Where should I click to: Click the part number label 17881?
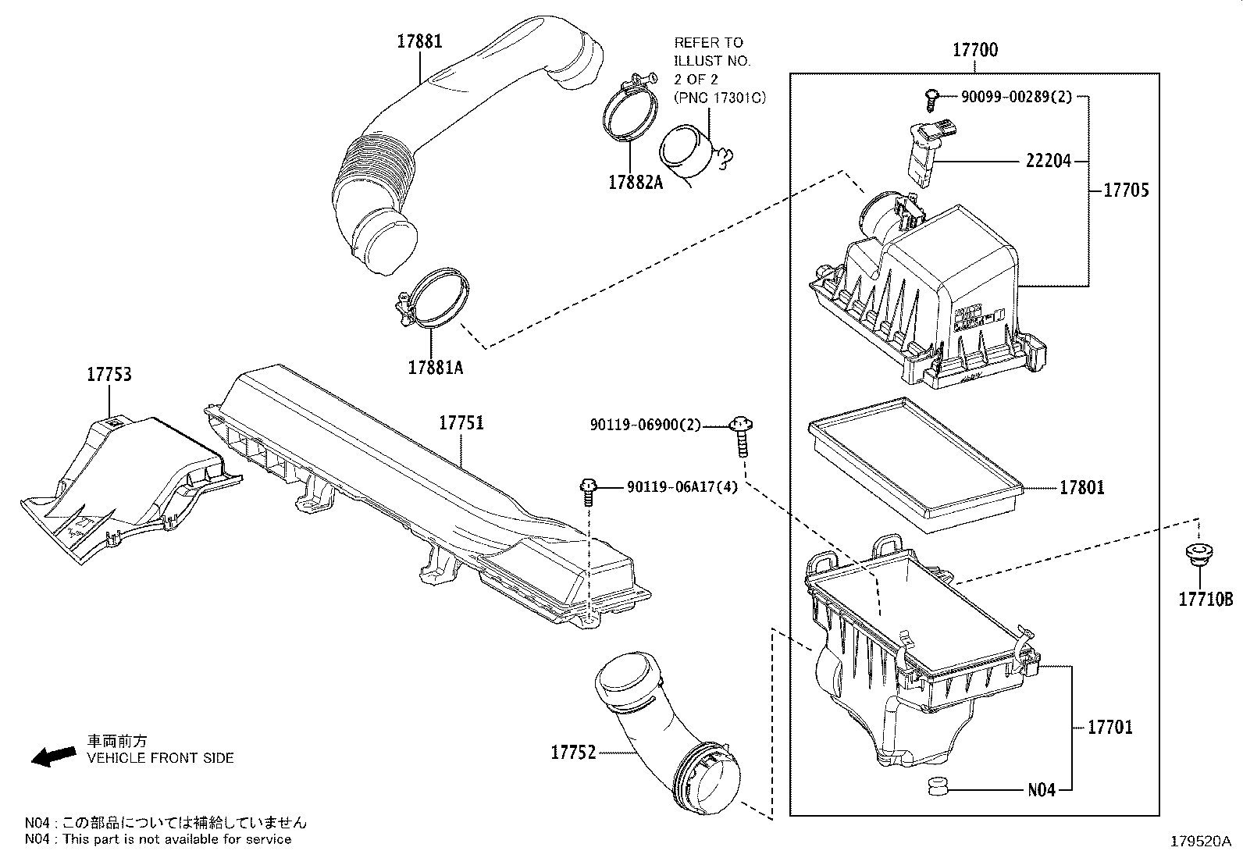click(420, 41)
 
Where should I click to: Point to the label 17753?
click(109, 375)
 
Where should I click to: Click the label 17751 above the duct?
click(461, 423)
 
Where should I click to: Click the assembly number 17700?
click(974, 51)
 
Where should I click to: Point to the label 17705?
click(1125, 190)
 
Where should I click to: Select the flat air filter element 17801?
click(914, 465)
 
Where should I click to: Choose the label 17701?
click(1109, 728)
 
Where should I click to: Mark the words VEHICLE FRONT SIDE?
click(160, 757)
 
